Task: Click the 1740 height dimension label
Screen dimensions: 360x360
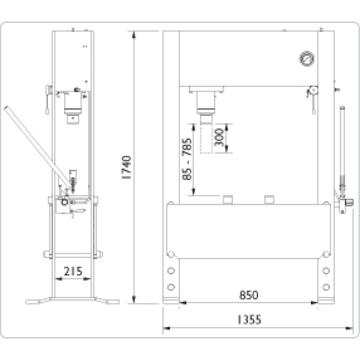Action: point(127,167)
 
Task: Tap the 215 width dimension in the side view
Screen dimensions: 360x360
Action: point(73,271)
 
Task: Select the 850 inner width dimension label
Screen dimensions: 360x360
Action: point(248,295)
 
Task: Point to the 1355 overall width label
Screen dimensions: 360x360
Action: point(249,320)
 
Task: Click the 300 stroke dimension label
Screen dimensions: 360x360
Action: point(218,137)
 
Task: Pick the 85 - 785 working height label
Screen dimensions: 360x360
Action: point(187,159)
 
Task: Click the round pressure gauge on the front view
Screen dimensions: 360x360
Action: point(307,59)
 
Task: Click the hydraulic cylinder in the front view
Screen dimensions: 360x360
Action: point(206,105)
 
